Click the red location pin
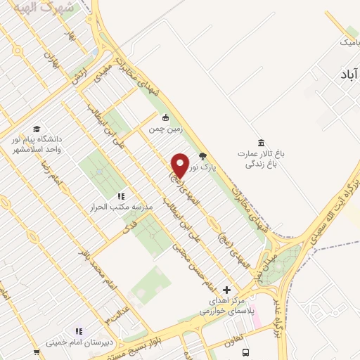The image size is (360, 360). coord(180,165)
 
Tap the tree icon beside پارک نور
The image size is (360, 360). coord(203,156)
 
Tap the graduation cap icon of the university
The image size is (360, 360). coord(35,129)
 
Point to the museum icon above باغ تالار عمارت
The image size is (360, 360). coord(262,143)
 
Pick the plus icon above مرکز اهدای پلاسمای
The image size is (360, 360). coord(226,289)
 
